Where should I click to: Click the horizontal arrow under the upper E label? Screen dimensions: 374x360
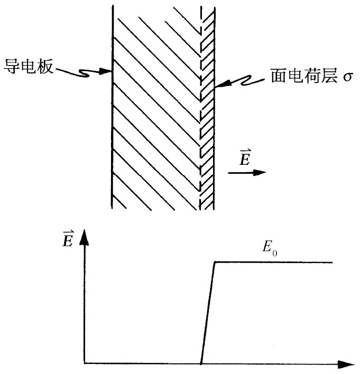[247, 172]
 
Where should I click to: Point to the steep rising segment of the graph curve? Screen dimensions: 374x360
[208, 312]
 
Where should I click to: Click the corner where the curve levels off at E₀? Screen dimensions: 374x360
[215, 262]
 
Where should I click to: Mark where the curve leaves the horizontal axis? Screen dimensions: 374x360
[201, 363]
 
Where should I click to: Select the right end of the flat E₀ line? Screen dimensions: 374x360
[332, 262]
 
